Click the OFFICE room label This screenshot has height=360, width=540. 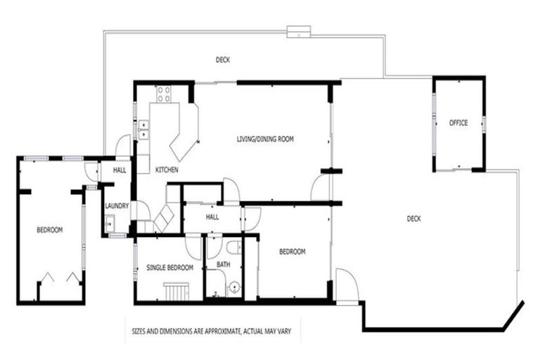tap(458, 123)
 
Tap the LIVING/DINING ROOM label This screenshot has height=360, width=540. tap(264, 139)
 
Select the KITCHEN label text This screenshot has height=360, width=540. tap(167, 170)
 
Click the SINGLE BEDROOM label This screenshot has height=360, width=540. tap(167, 269)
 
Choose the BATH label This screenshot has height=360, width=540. tap(223, 264)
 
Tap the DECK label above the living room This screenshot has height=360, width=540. tap(222, 60)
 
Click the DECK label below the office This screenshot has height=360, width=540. tap(414, 219)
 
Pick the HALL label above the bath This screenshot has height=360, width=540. tap(212, 217)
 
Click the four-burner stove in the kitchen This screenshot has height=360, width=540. tap(164, 93)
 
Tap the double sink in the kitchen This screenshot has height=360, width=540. tap(143, 129)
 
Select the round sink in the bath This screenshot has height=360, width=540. tap(233, 287)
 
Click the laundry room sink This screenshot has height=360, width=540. tap(109, 224)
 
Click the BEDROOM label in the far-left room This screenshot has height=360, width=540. tap(49, 230)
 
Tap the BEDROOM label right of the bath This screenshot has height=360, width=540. tap(292, 252)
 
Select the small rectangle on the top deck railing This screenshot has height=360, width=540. tap(298, 30)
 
